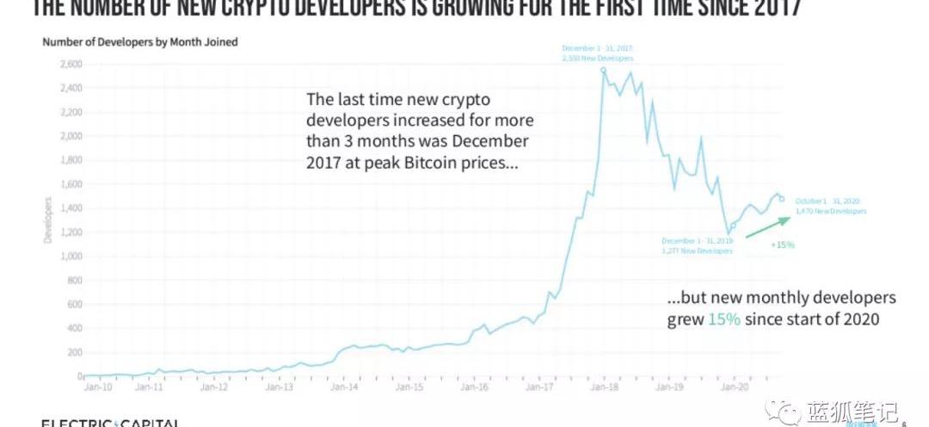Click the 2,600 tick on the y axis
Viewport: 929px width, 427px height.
(70, 64)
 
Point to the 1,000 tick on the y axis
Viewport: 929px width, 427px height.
(70, 256)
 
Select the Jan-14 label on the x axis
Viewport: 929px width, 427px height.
(345, 388)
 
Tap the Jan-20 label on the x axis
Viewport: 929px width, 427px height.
(733, 388)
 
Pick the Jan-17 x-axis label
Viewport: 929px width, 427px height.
(539, 388)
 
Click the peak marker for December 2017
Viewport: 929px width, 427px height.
(604, 70)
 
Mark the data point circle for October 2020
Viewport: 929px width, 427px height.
(781, 199)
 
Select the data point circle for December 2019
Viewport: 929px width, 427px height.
(733, 226)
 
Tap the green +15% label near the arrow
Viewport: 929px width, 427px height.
(783, 244)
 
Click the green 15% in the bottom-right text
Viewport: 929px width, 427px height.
(721, 319)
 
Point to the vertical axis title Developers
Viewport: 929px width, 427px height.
(49, 220)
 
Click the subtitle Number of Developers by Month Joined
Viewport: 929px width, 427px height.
(140, 41)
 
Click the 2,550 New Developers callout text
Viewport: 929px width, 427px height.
(597, 58)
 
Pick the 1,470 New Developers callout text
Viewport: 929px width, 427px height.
(831, 211)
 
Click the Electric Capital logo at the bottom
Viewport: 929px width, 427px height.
(110, 422)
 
